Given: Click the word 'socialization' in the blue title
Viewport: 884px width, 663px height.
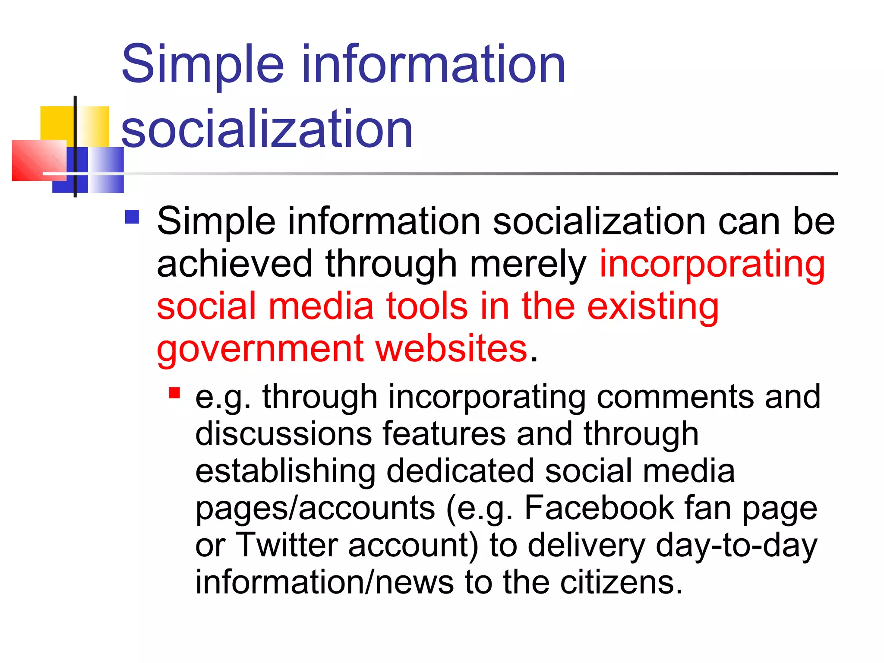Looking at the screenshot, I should click(x=267, y=129).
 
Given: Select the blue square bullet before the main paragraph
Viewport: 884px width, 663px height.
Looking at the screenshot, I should click(x=132, y=217).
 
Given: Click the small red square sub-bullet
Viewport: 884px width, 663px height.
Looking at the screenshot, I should click(x=174, y=393).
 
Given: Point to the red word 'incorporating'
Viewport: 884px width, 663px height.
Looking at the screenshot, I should click(x=712, y=264).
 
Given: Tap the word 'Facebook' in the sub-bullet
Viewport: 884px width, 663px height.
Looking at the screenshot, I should click(x=599, y=508).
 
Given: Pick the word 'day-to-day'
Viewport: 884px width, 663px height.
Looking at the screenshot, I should click(x=736, y=545).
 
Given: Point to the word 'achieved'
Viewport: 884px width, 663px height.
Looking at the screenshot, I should click(x=234, y=264).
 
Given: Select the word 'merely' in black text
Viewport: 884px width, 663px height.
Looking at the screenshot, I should click(x=527, y=265).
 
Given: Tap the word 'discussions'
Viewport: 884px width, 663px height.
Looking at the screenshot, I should click(x=283, y=433).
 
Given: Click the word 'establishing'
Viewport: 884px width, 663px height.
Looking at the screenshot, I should click(x=285, y=471).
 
